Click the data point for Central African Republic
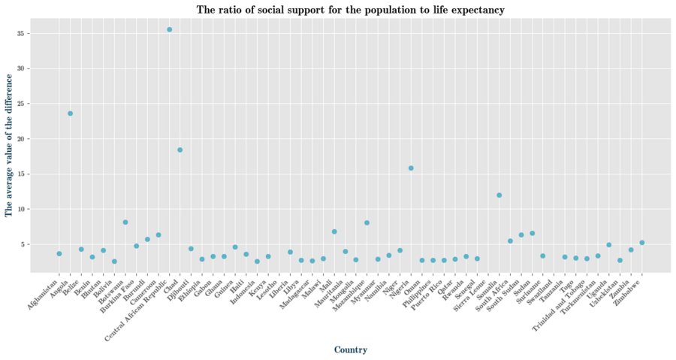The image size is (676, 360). point(169,29)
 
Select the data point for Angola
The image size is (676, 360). point(70,113)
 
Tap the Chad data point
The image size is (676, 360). point(180,150)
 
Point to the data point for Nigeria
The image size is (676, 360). point(411,168)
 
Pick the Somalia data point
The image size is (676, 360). point(499,195)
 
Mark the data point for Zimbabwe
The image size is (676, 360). point(641,243)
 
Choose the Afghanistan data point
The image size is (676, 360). point(59,254)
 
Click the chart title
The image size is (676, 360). point(350,10)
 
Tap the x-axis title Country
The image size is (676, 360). point(350,349)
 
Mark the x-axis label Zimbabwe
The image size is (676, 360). point(631,286)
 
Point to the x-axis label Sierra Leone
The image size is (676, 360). point(466,290)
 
